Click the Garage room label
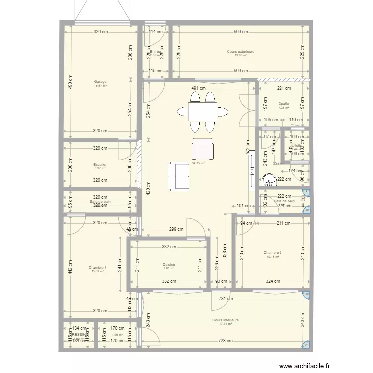100,82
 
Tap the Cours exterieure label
241,51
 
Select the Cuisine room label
168,265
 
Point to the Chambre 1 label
97,267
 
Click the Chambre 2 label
273,253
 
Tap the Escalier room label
100,164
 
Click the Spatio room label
284,103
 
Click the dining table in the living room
202,111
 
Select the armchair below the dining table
202,148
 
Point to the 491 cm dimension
199,89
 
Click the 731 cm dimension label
225,298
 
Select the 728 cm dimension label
225,341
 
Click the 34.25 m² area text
198,163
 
